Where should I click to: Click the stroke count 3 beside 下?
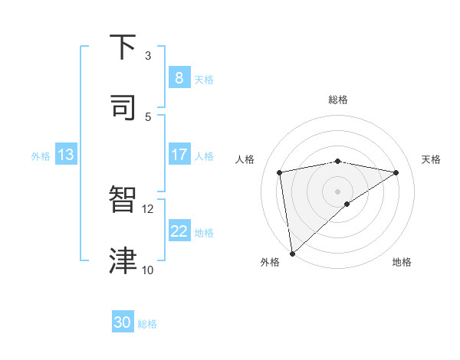pos(148,55)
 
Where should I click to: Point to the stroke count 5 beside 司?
pos(148,116)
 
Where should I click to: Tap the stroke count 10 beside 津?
pos(148,270)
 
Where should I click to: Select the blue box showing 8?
pos(179,77)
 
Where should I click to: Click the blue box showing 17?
pos(179,155)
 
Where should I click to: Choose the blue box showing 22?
pos(179,231)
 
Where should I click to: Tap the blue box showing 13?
pos(66,155)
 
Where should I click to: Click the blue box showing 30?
pos(123,322)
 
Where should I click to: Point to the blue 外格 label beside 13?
pos(41,156)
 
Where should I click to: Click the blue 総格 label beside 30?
pos(147,324)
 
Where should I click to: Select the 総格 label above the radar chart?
pos(337,100)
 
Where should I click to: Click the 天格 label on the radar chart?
pos(431,159)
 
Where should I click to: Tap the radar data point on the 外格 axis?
pos(291,253)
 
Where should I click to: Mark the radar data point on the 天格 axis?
pos(396,172)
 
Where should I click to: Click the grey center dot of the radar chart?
pos(337,191)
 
